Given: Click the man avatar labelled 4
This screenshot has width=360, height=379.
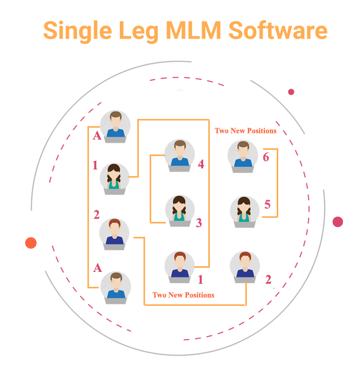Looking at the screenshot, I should (179, 154).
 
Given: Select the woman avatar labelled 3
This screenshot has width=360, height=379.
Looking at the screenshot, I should (179, 210).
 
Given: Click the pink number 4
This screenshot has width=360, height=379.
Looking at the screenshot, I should (201, 164).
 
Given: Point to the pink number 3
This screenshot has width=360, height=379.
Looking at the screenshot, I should (199, 223).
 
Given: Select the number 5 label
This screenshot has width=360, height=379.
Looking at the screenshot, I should (267, 204).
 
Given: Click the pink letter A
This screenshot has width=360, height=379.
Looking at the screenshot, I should (96, 267).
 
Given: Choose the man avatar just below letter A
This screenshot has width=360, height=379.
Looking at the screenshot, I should (116, 285).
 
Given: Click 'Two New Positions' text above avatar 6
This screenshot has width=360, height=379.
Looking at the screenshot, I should (245, 131).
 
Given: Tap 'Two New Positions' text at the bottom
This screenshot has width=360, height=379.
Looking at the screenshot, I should (183, 295).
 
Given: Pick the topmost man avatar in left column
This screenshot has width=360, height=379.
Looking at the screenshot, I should (116, 125).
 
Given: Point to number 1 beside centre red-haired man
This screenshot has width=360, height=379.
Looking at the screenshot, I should (201, 280).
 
